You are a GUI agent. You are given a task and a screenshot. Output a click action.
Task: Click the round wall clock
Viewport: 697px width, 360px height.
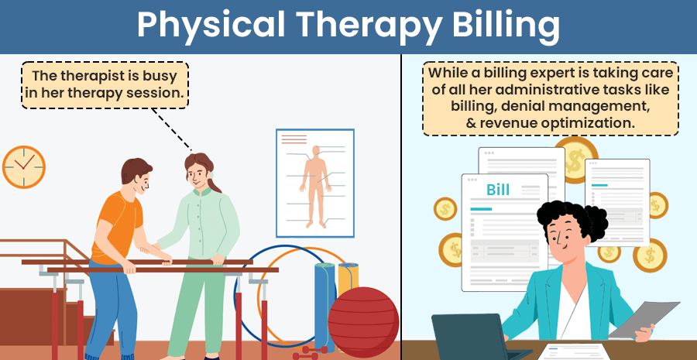coord(23,166)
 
